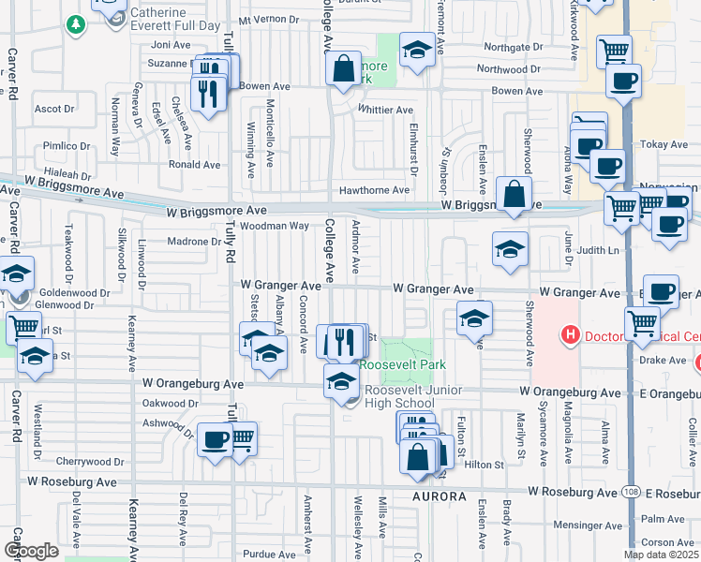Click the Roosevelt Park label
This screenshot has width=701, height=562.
pos(405,364)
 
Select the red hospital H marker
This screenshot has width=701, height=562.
pos(568,333)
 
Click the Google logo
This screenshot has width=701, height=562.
pos(31,551)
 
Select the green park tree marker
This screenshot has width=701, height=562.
pos(76,24)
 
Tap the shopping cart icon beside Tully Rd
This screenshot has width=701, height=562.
pos(242,436)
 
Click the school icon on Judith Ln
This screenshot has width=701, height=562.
pos(510,248)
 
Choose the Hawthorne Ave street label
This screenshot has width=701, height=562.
pos(375,190)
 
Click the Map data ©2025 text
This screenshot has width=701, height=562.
pos(661,555)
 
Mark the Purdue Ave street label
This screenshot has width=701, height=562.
pos(270,554)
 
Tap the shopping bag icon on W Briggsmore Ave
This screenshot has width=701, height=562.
pos(514,194)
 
